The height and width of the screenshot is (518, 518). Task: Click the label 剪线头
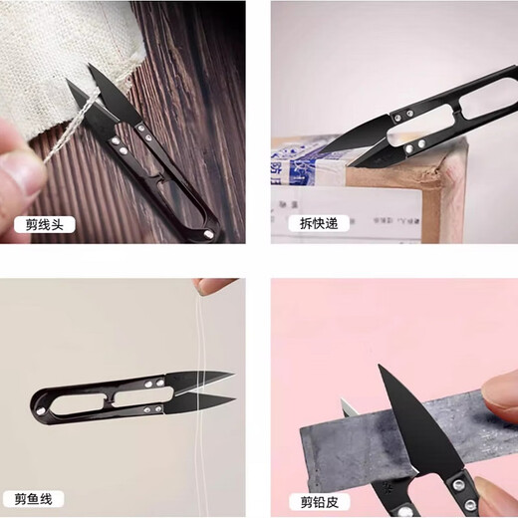pos(44,224)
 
